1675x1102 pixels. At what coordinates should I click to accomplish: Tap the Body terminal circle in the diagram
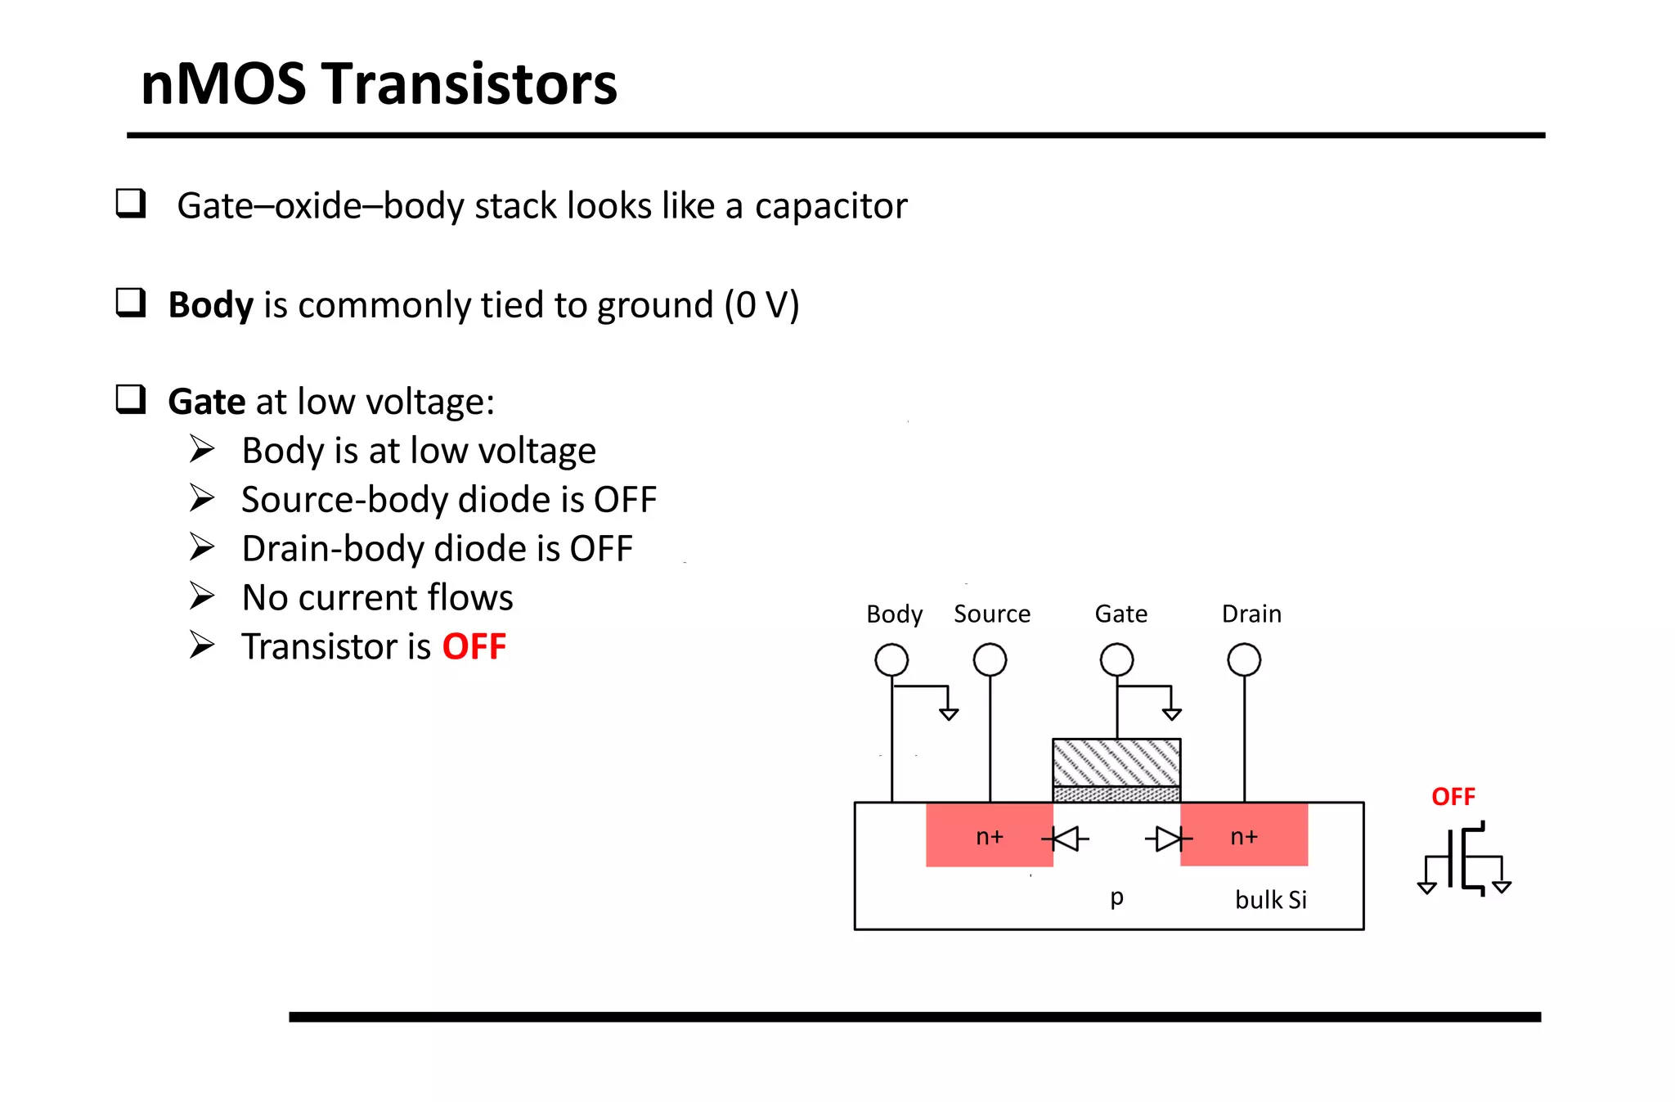[x=891, y=659]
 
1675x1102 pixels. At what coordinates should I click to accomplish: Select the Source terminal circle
[x=990, y=659]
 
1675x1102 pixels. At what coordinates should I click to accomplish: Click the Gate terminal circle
[x=1116, y=659]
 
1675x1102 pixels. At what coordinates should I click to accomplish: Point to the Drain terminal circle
[x=1244, y=659]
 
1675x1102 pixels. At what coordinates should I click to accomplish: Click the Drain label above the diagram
[x=1251, y=614]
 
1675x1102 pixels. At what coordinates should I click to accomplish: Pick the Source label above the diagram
[x=992, y=614]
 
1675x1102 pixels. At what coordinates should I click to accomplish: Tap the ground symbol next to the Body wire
[x=949, y=713]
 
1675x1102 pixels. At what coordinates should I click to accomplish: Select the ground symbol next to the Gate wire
[x=1172, y=713]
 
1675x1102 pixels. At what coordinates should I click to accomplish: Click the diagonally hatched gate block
[x=1116, y=762]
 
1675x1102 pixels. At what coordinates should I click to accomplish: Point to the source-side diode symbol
[x=1065, y=839]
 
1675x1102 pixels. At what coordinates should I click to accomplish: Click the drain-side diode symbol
[x=1169, y=839]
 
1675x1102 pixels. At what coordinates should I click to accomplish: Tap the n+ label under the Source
[x=990, y=836]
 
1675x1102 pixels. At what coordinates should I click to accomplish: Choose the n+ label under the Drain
[x=1244, y=836]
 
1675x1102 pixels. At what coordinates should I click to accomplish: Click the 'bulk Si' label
[x=1271, y=900]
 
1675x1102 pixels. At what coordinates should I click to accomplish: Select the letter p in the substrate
[x=1117, y=897]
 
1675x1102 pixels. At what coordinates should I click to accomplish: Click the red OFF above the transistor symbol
[x=1453, y=797]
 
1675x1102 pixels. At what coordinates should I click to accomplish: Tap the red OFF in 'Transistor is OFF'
[x=474, y=646]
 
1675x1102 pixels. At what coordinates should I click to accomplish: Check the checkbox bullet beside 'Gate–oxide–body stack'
[x=131, y=203]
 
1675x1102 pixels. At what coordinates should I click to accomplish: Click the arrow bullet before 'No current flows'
[x=202, y=596]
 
